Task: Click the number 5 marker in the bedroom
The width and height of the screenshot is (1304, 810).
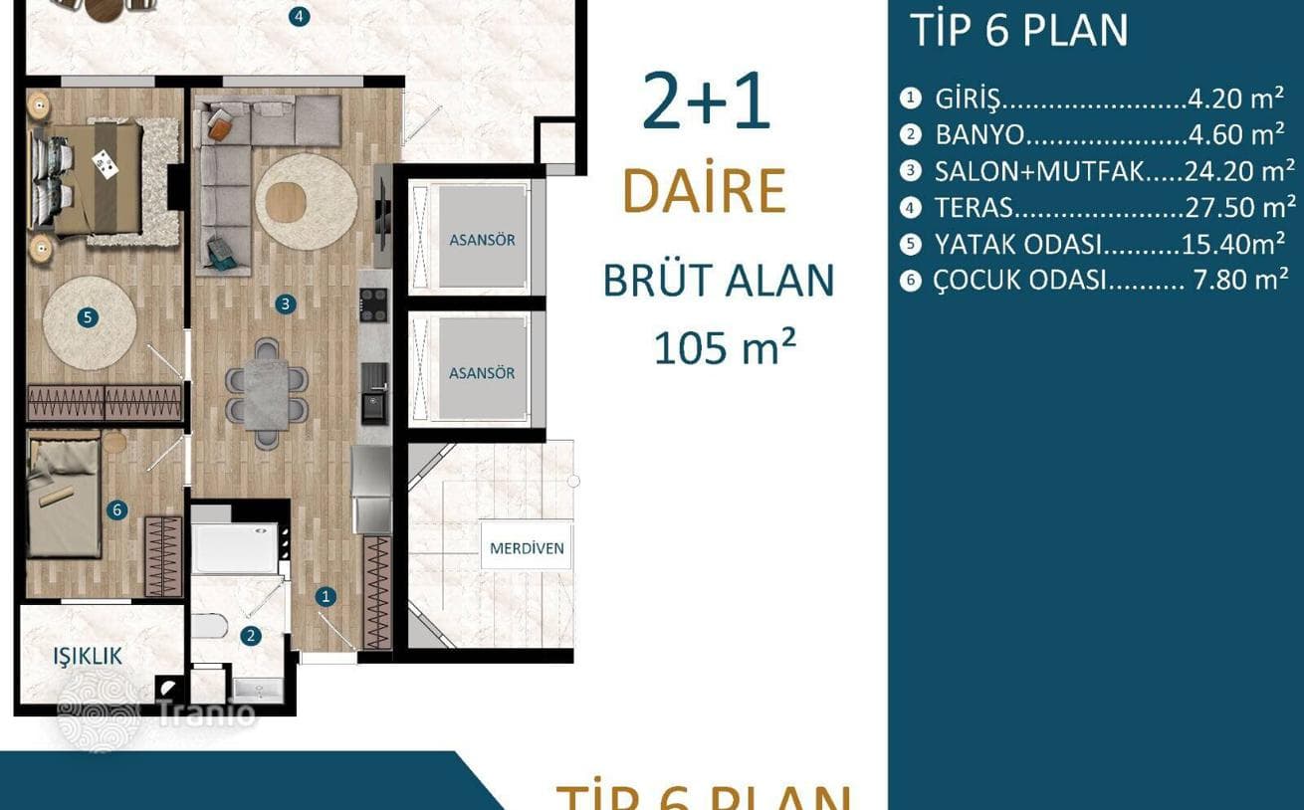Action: (x=88, y=317)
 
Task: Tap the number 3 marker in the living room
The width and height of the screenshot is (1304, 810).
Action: (x=286, y=304)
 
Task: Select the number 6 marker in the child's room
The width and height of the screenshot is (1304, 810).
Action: (x=117, y=510)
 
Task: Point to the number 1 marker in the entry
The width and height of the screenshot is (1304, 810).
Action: (x=326, y=596)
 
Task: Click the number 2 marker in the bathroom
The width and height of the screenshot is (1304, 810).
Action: (x=251, y=636)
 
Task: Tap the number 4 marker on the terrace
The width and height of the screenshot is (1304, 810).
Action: (x=300, y=16)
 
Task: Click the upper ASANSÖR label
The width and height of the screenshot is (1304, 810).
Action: (x=482, y=240)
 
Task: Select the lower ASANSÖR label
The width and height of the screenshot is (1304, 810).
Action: (x=482, y=373)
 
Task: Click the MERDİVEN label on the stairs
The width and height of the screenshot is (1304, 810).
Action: (x=527, y=548)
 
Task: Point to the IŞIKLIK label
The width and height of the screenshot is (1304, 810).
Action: (x=88, y=656)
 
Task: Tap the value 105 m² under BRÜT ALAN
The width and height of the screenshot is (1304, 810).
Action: (x=725, y=347)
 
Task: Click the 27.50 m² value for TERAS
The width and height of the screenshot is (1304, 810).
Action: (x=1240, y=207)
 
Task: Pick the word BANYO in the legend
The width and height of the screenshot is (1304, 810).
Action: (x=979, y=135)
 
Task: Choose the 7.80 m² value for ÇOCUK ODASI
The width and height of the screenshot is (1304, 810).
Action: (x=1240, y=280)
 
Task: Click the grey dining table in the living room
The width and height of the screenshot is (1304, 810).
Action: (x=267, y=394)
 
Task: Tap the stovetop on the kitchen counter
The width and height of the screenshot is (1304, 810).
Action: (x=373, y=304)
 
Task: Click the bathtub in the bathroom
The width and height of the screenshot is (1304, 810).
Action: (x=235, y=548)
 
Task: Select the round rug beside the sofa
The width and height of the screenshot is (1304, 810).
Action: (x=307, y=202)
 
